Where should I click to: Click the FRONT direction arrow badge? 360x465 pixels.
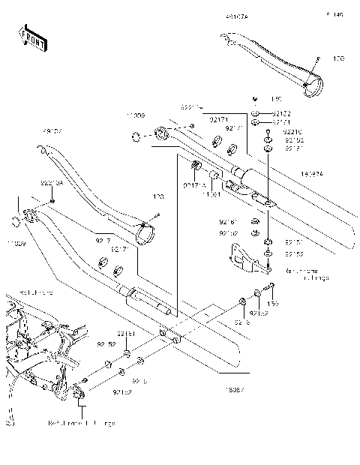(x=32, y=38)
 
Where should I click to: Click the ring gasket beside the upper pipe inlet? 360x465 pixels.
(x=135, y=136)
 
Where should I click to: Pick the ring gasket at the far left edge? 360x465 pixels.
(x=15, y=220)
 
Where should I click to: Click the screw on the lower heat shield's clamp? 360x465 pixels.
(x=157, y=217)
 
